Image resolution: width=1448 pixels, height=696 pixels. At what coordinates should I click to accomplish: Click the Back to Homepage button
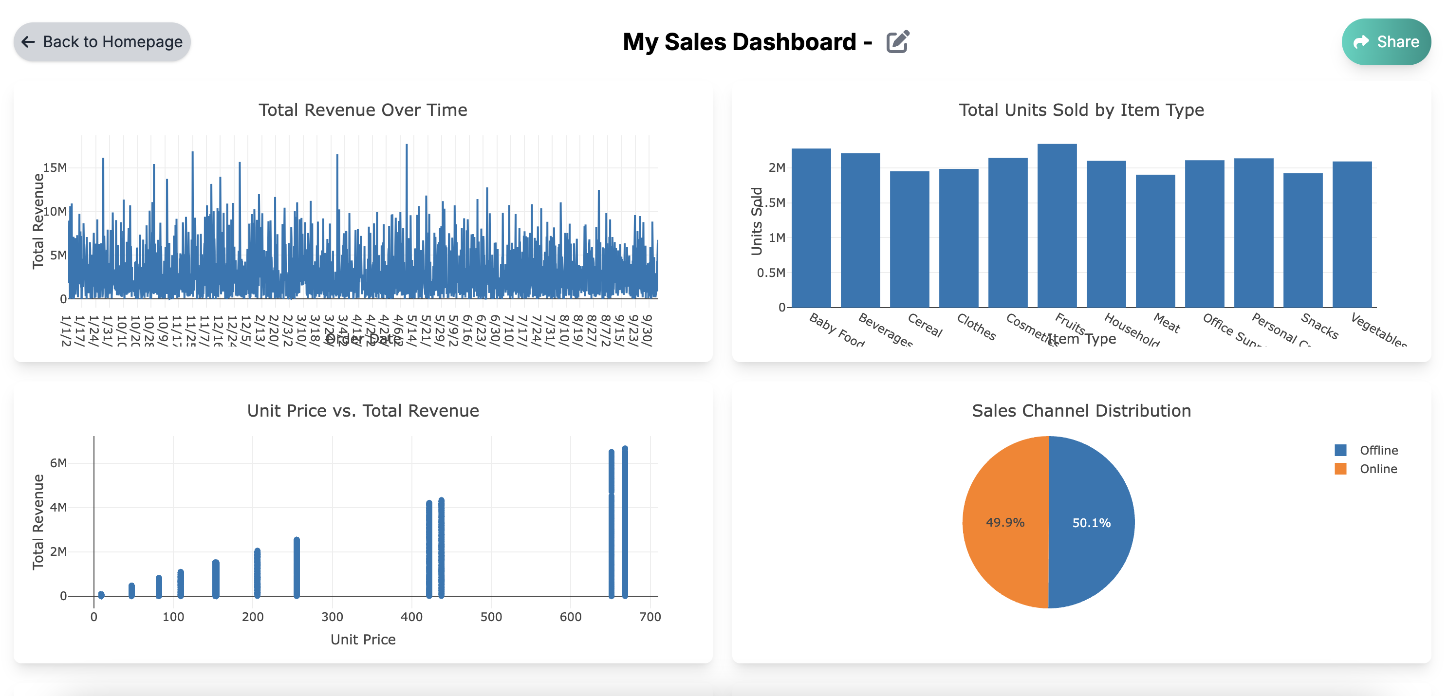(x=102, y=41)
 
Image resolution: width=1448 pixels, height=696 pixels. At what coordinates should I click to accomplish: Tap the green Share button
(x=1386, y=41)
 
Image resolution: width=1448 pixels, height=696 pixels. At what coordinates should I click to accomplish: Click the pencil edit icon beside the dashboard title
(x=897, y=41)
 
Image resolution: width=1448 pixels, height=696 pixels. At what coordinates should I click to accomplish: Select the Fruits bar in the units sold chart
(x=1056, y=225)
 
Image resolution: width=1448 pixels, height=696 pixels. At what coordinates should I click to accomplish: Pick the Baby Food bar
(x=811, y=227)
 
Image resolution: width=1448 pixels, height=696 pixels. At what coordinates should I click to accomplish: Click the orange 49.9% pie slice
(x=1005, y=522)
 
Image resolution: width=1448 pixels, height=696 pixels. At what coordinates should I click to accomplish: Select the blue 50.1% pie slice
(x=1091, y=522)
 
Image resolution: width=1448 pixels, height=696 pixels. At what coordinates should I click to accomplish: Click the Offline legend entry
(x=1378, y=450)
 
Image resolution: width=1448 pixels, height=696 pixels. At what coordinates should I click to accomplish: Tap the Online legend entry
(x=1377, y=469)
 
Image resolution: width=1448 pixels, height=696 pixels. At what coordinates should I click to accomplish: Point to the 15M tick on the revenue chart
(x=55, y=167)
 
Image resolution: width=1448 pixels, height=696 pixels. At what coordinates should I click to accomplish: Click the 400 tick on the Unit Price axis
(x=411, y=616)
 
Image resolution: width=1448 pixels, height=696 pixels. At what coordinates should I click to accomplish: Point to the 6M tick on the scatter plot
(x=58, y=463)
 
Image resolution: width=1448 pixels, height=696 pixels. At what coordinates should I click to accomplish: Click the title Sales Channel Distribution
(x=1081, y=411)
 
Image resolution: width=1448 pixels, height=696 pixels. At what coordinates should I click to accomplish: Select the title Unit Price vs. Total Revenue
(x=363, y=411)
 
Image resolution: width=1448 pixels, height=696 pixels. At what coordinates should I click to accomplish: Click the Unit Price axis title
(x=363, y=639)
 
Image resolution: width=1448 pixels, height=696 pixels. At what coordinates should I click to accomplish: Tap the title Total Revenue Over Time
(x=363, y=110)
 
